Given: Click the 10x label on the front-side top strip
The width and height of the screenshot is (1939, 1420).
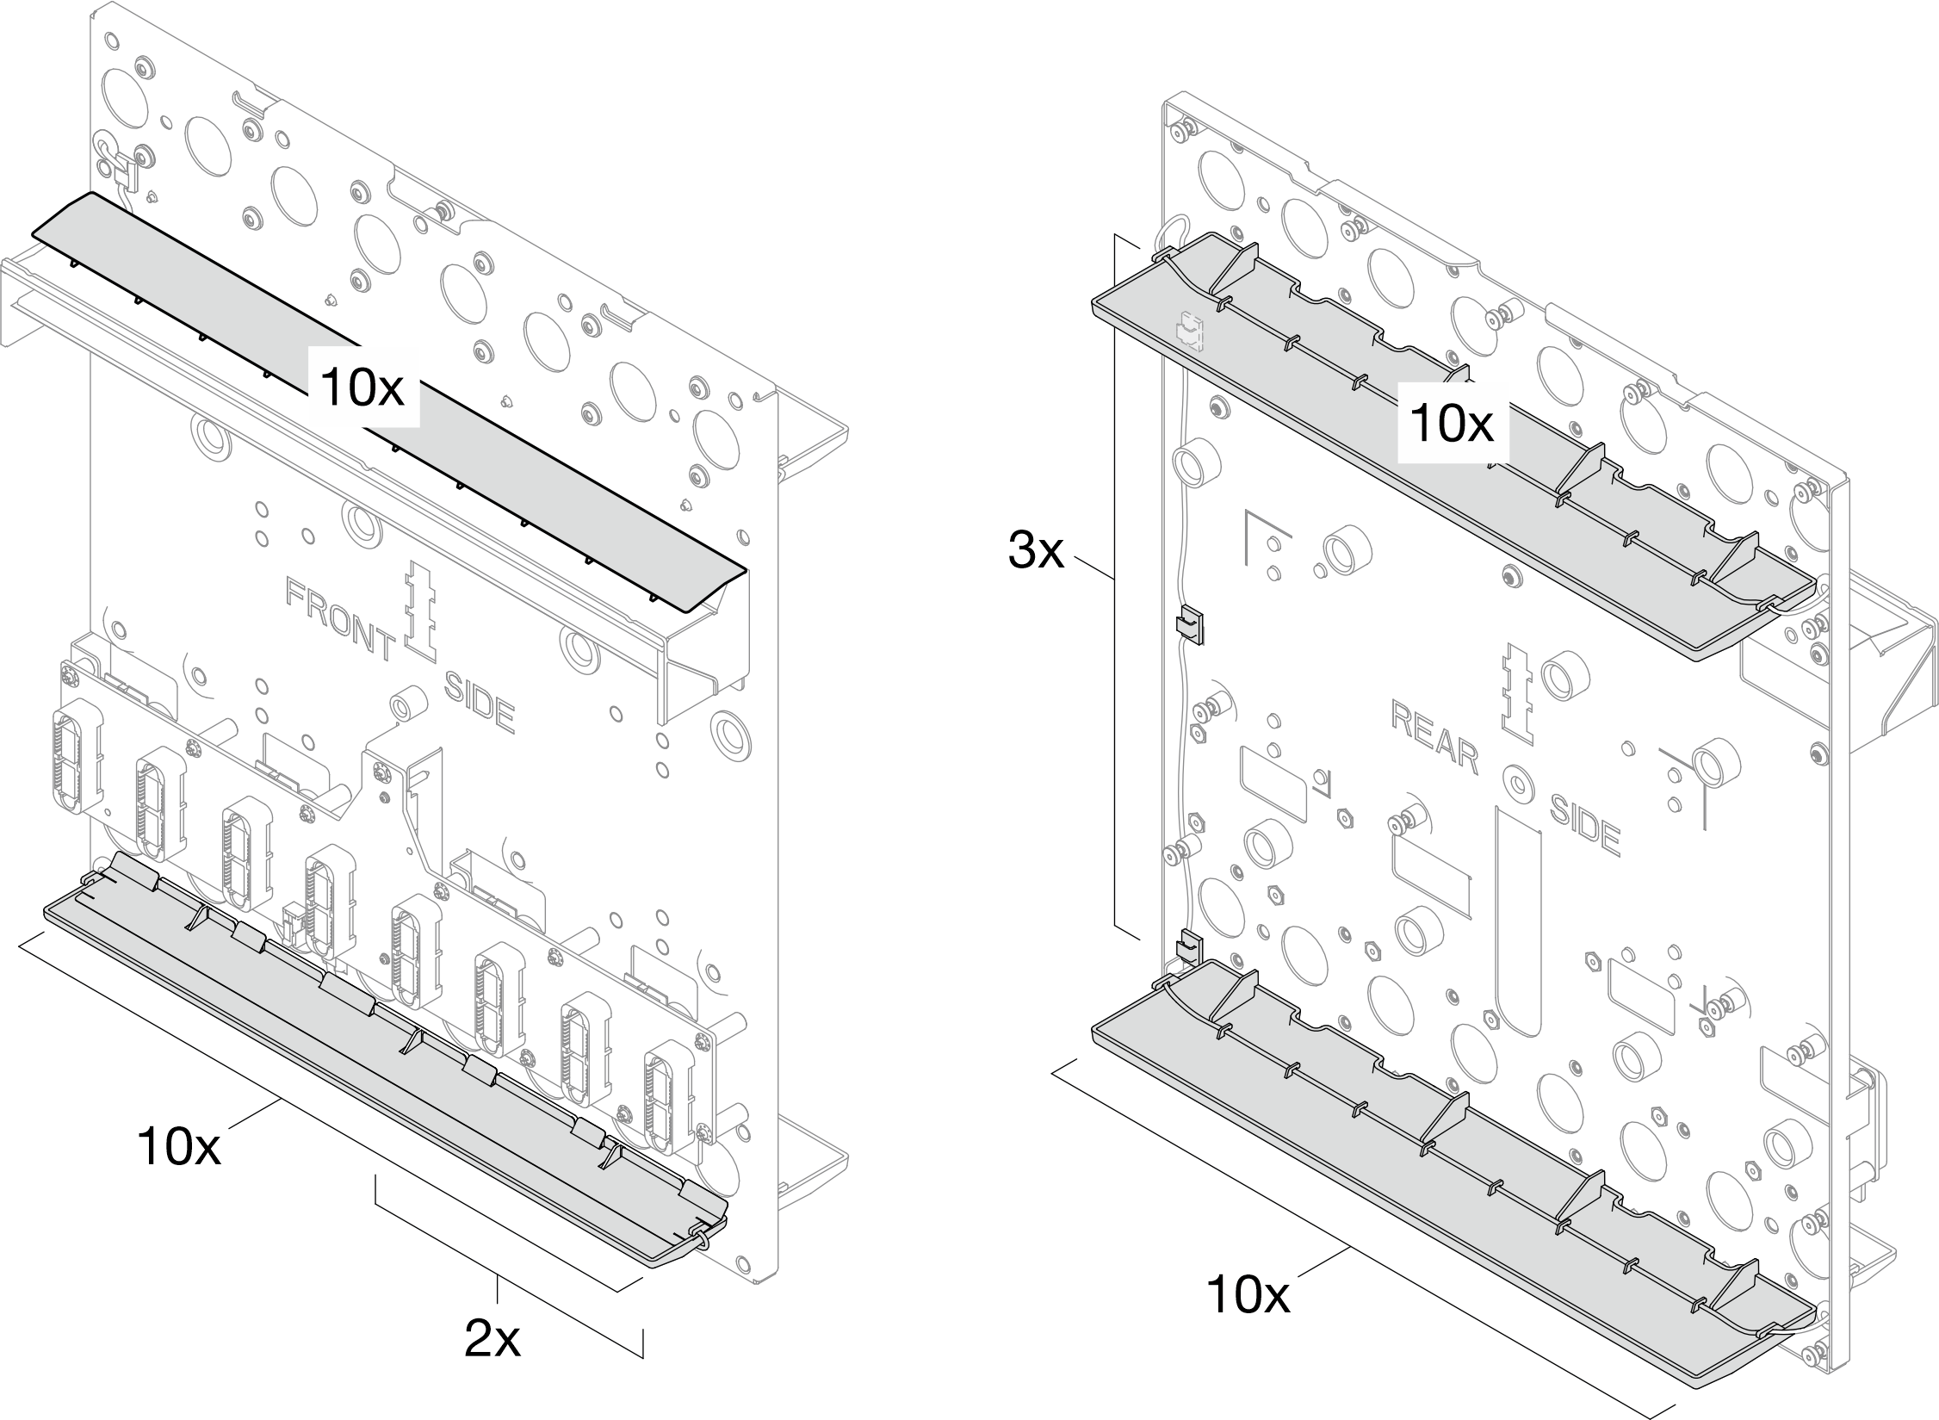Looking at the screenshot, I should coord(362,388).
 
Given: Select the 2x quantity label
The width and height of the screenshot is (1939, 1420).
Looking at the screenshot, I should coord(492,1338).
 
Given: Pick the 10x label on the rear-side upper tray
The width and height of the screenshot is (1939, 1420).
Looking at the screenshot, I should coord(1453,424).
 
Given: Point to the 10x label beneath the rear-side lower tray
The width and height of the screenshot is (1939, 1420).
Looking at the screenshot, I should coord(1248,1318).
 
